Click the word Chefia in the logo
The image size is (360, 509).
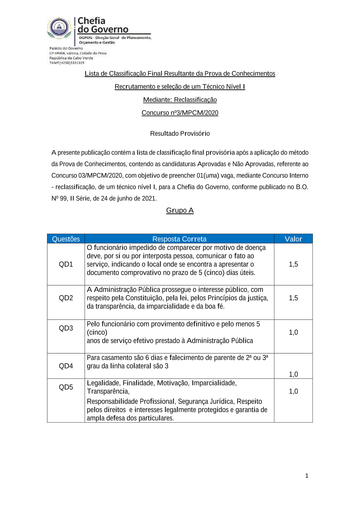91,21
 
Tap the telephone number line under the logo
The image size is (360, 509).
67,63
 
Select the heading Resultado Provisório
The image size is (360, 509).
180,134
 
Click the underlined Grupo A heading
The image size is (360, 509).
180,210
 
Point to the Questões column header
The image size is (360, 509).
66,239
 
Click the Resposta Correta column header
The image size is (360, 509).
179,239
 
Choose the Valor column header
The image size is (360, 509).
293,239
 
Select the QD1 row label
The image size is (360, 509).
66,264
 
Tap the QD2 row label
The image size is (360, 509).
66,298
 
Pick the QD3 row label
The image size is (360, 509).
66,328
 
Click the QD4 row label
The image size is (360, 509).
66,366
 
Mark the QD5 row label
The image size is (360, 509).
66,387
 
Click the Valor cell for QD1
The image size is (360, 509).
293,264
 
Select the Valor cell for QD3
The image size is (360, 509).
293,332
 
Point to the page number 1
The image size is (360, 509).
307,476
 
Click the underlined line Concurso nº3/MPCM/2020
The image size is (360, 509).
180,113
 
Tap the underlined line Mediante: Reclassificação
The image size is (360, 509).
180,100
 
